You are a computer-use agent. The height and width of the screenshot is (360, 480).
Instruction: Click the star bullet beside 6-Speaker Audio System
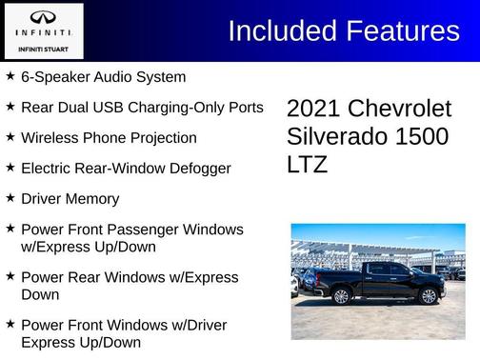point(10,75)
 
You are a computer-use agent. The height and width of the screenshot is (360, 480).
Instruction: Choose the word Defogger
point(199,168)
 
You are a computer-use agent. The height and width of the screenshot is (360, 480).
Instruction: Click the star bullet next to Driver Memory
point(10,198)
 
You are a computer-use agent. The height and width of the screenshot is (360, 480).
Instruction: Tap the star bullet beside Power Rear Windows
point(10,276)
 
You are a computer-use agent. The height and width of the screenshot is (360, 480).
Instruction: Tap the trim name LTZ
point(307,164)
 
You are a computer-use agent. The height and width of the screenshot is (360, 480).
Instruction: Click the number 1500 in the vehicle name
point(421,136)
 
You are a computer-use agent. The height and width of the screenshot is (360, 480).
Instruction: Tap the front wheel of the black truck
point(427,296)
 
